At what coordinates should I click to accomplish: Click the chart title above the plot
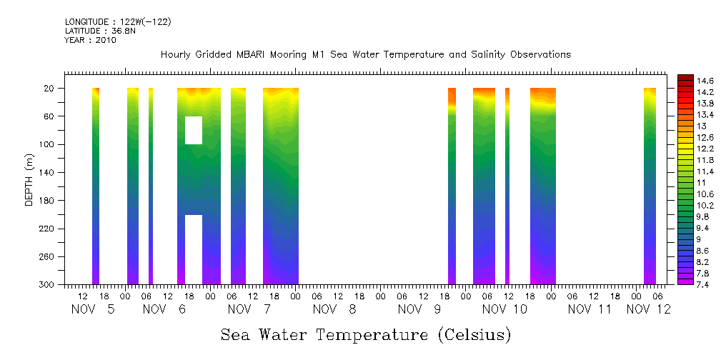point(365,55)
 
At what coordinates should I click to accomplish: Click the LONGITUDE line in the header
point(118,22)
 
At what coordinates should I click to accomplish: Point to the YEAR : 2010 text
point(90,41)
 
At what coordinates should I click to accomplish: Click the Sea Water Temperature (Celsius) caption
point(366,334)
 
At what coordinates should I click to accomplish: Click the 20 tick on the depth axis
point(50,89)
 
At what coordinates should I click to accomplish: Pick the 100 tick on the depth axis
point(48,144)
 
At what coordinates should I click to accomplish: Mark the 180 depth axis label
point(48,201)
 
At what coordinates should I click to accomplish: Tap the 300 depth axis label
point(48,285)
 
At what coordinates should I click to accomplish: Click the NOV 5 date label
point(93,309)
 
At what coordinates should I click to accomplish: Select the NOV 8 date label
point(335,309)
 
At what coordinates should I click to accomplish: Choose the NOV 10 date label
point(504,309)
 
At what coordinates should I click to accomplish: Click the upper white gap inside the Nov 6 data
point(194,130)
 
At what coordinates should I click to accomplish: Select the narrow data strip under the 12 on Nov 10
point(507,186)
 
